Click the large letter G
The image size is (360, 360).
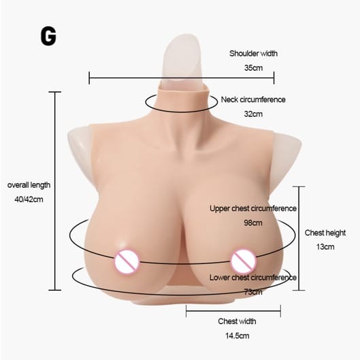(x=48, y=36)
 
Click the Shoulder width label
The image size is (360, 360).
(x=253, y=54)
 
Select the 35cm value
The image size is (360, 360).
(x=253, y=68)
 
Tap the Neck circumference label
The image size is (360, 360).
(x=253, y=99)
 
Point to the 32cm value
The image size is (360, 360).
(x=253, y=114)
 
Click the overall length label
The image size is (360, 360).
(x=29, y=185)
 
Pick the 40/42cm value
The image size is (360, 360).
(x=29, y=199)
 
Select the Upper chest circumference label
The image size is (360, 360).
(x=253, y=208)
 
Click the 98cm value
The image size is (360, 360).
(x=253, y=223)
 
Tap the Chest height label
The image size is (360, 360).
(x=325, y=233)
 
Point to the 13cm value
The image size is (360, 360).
(x=325, y=247)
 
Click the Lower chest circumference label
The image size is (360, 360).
(x=253, y=278)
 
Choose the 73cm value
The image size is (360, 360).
(x=253, y=292)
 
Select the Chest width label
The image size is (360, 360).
(x=237, y=321)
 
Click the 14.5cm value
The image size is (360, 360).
(x=238, y=336)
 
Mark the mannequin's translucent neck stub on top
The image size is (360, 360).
(x=183, y=59)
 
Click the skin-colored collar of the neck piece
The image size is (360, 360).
(x=184, y=97)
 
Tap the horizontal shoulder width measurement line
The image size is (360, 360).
(x=182, y=78)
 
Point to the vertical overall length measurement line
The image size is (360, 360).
(x=55, y=191)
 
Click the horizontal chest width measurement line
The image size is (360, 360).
(x=233, y=311)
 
